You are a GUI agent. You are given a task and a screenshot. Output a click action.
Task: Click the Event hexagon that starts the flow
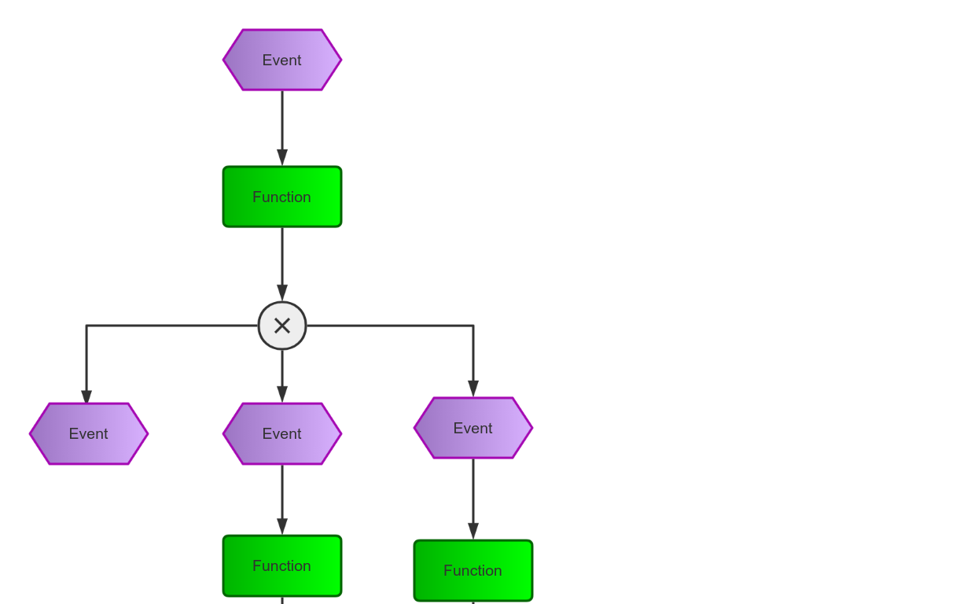282,60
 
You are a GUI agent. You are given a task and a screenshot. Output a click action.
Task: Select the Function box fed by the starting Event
282,197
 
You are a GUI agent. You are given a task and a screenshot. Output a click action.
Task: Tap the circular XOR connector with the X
282,326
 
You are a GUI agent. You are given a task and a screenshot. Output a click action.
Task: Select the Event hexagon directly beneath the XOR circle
282,434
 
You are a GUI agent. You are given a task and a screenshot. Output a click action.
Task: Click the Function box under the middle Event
282,566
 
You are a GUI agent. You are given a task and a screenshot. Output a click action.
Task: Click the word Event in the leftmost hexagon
89,434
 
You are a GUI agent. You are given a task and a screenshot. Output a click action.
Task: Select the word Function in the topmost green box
282,197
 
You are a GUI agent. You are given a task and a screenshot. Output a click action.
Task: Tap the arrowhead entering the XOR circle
282,293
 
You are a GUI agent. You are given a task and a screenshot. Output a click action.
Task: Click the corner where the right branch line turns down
473,326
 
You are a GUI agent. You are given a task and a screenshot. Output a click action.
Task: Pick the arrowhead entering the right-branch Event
473,389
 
